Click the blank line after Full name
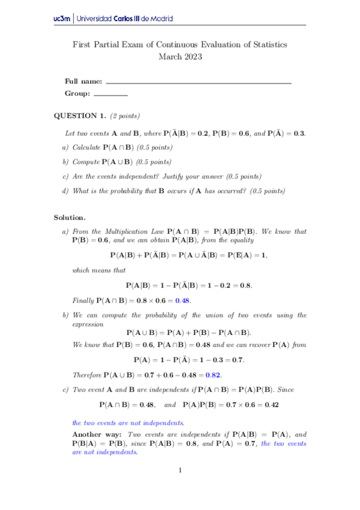pos(198,81)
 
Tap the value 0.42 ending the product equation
pos(271,405)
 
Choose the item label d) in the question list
pos(66,191)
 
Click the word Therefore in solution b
pos(87,374)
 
